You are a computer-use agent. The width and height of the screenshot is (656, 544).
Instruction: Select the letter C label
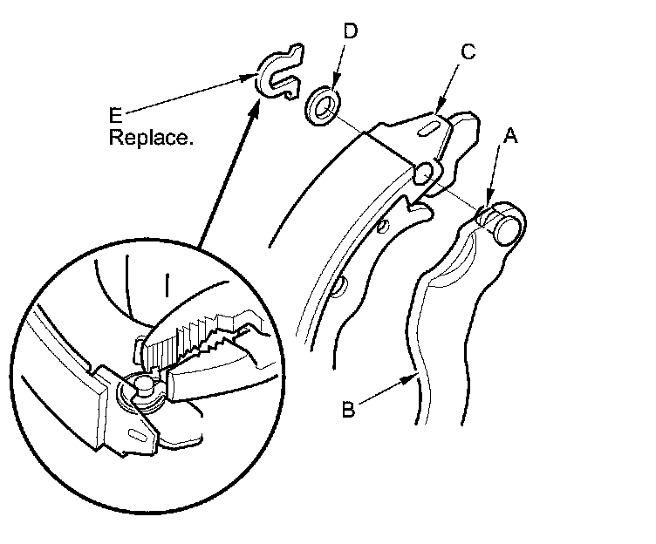coord(468,52)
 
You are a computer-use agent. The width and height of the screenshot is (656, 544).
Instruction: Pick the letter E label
coord(115,114)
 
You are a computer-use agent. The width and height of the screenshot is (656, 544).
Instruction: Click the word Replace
coord(151,137)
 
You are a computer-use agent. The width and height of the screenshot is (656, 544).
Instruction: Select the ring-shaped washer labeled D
coord(324,102)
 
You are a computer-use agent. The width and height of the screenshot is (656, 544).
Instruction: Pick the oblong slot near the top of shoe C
coord(427,126)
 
